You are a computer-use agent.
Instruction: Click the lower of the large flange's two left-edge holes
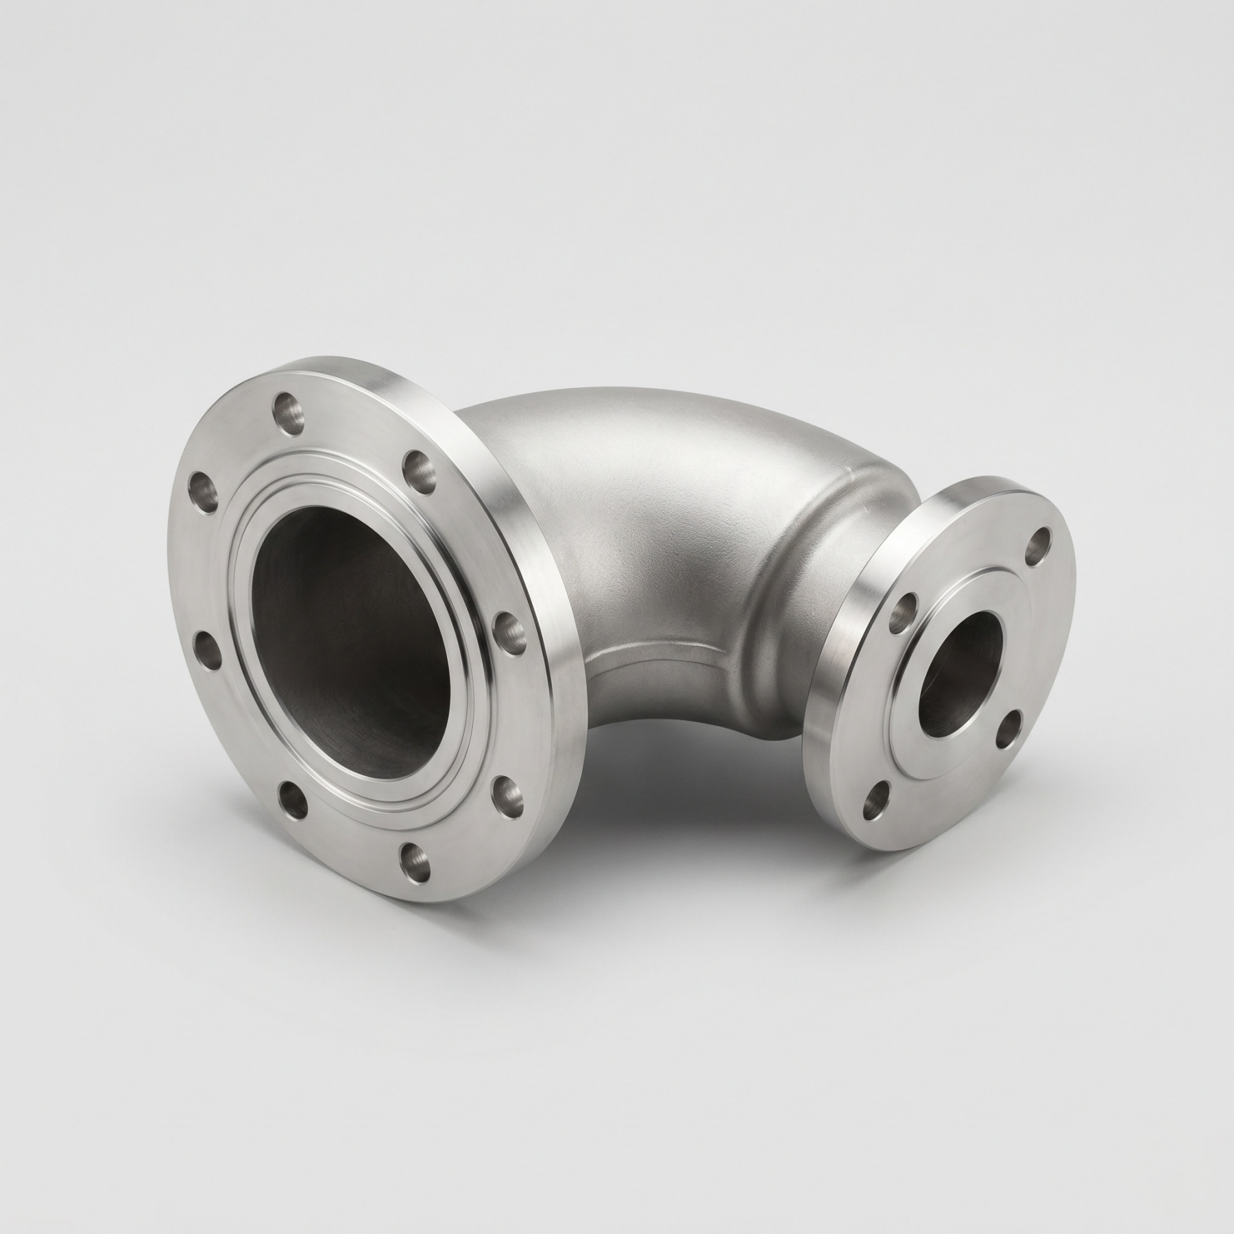(204, 649)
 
